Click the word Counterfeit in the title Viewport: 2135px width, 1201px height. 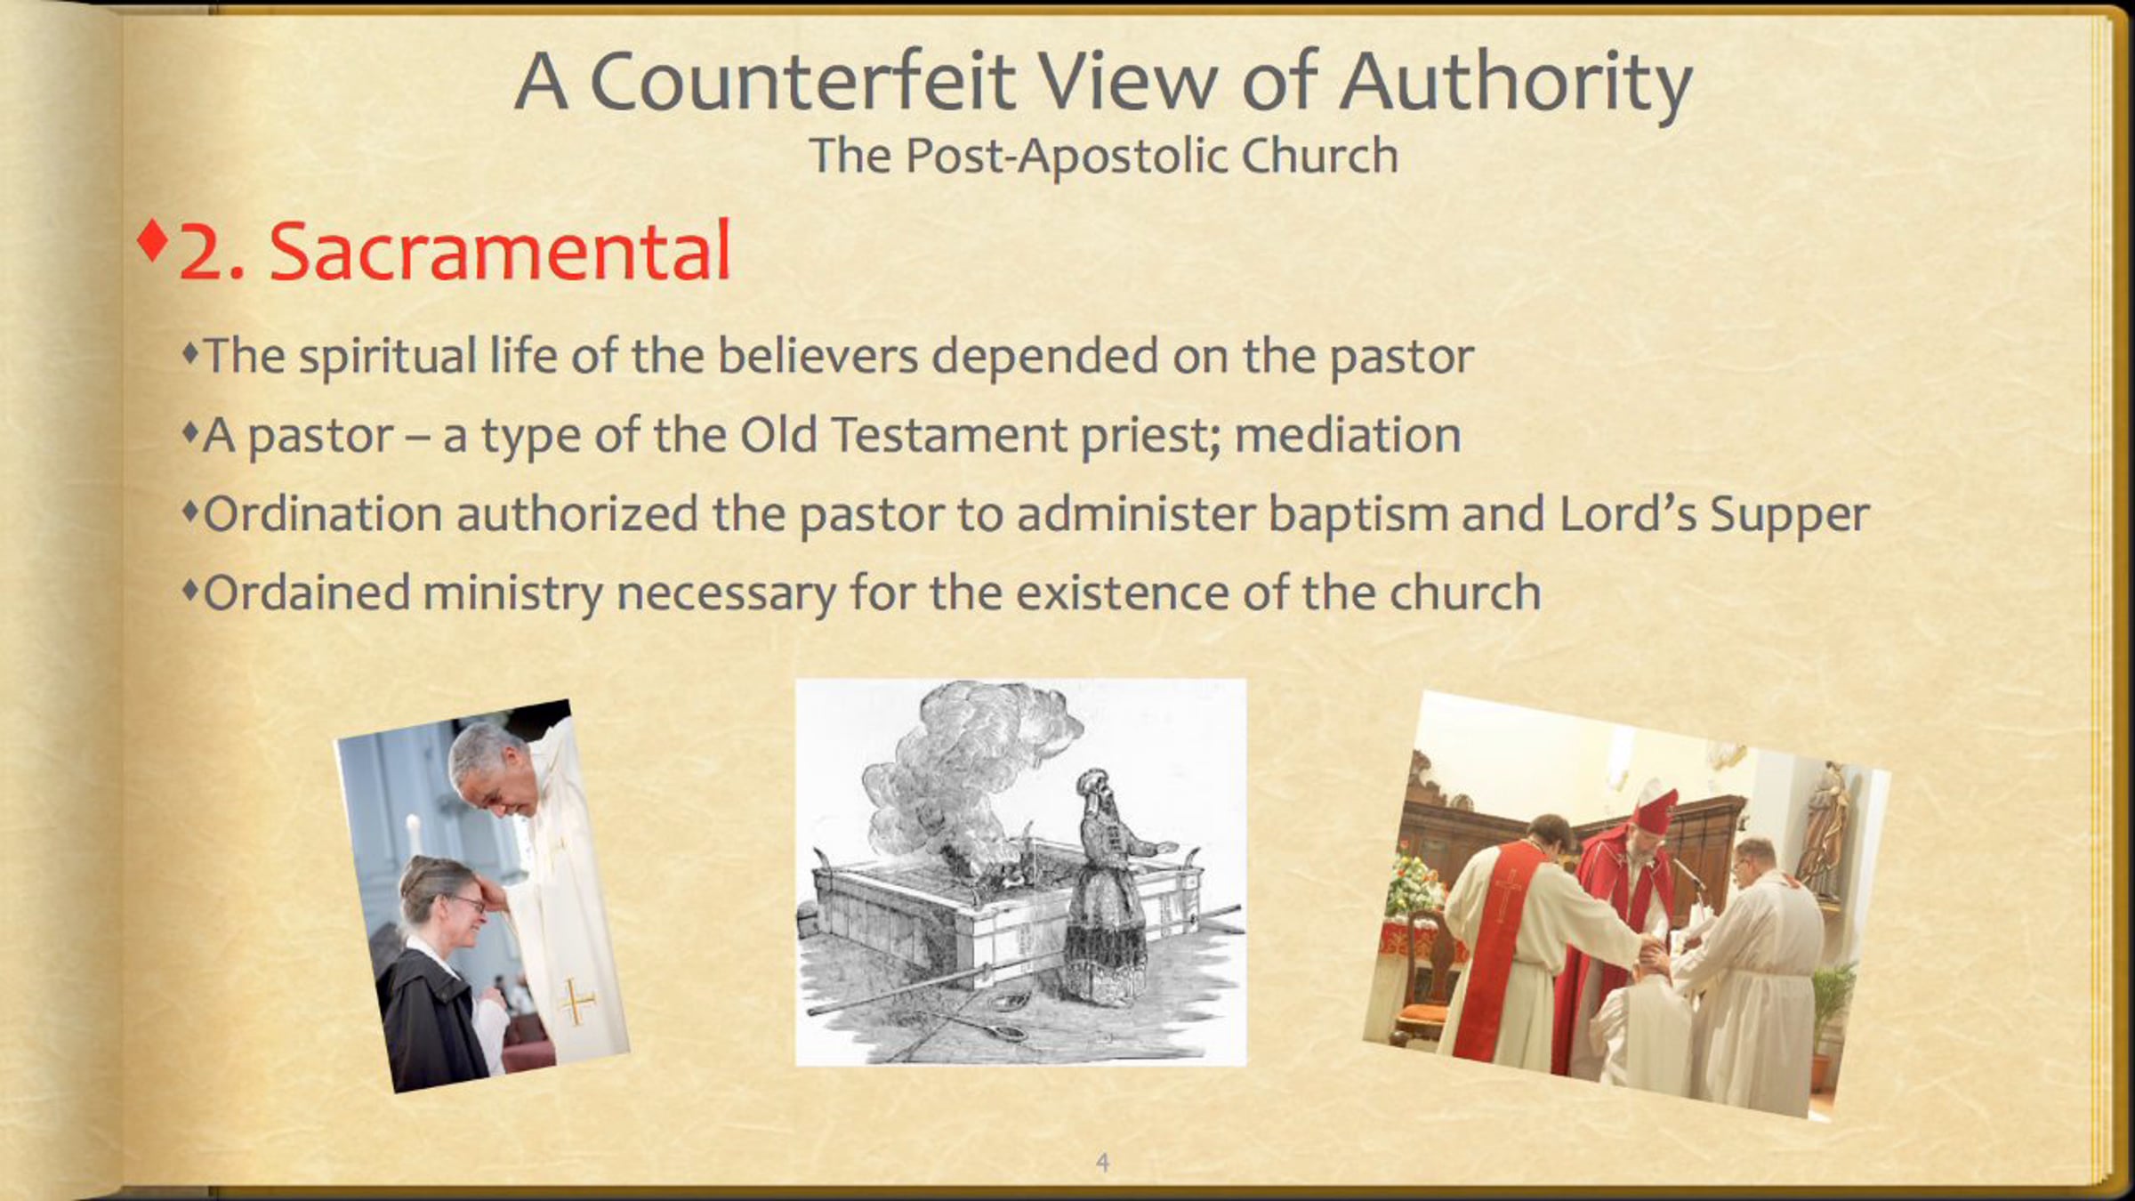[802, 82]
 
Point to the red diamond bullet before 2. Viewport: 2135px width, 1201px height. [152, 239]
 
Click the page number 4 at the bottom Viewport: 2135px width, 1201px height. [1103, 1162]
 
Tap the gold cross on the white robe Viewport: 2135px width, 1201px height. [576, 1002]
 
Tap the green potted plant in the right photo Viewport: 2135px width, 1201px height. [1833, 1005]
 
